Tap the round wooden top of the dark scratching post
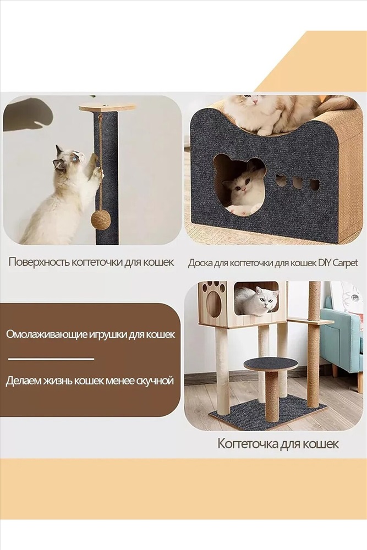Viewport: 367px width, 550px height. coord(107,107)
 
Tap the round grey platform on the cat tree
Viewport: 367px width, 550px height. coord(271,364)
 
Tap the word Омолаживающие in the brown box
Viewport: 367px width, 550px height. coord(46,334)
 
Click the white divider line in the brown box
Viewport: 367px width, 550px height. coord(51,359)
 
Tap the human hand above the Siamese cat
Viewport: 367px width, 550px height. coord(28,114)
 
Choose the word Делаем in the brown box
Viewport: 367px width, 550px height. coord(23,381)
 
